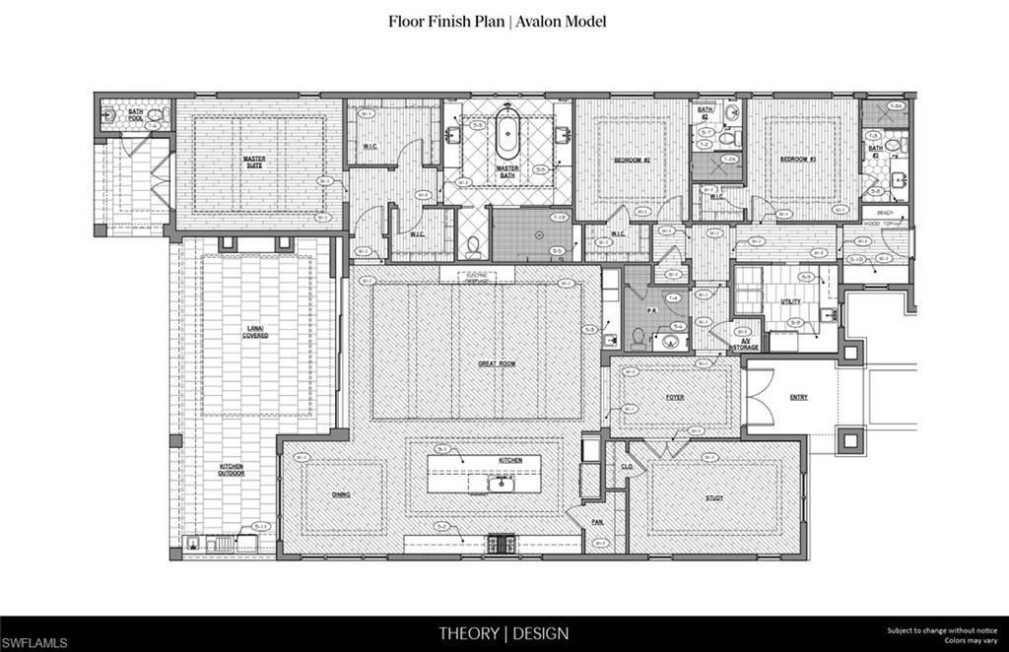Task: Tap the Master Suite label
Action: tap(254, 162)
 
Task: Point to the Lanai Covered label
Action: tap(255, 333)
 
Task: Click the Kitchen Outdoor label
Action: tap(232, 470)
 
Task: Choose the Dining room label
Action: tap(342, 495)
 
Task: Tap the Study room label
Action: tap(714, 497)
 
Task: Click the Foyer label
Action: tap(675, 398)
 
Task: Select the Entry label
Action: tap(798, 398)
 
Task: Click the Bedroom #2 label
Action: tap(632, 160)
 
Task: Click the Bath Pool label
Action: tap(136, 115)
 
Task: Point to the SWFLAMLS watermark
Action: tap(35, 642)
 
